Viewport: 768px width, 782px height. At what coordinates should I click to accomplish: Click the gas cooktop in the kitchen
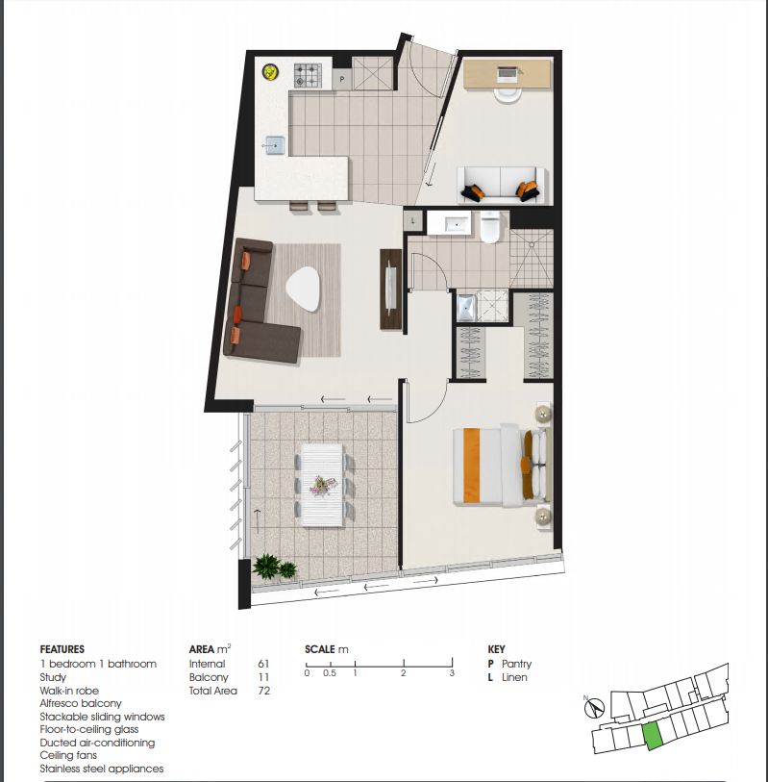point(308,76)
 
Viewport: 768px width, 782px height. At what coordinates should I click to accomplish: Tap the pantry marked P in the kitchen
point(342,79)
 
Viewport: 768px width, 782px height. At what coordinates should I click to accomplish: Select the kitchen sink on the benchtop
point(274,145)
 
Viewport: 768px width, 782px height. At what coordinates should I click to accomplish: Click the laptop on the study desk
point(508,75)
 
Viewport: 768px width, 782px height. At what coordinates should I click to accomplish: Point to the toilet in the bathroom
point(490,227)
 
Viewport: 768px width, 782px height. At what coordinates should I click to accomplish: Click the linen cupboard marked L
point(413,221)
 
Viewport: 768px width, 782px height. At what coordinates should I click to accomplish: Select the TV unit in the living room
point(390,290)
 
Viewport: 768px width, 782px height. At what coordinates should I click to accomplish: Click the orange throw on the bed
point(471,465)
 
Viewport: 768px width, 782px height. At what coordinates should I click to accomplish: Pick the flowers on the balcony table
point(323,485)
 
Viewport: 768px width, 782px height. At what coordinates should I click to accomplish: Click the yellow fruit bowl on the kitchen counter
point(270,72)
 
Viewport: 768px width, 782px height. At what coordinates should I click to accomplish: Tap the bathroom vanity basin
point(456,224)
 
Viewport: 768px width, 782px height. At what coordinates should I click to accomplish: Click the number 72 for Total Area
point(264,691)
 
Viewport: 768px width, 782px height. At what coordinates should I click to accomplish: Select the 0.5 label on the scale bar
point(330,673)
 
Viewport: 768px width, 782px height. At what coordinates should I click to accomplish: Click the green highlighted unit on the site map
point(652,735)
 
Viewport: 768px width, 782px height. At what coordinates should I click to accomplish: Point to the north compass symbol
point(594,707)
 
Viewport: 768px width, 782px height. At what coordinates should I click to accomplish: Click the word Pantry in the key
point(517,664)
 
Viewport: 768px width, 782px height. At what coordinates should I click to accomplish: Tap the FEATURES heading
point(62,649)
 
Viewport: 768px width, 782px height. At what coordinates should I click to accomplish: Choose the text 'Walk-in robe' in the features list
point(69,691)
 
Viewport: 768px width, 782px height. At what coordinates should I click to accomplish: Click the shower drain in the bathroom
point(532,245)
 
